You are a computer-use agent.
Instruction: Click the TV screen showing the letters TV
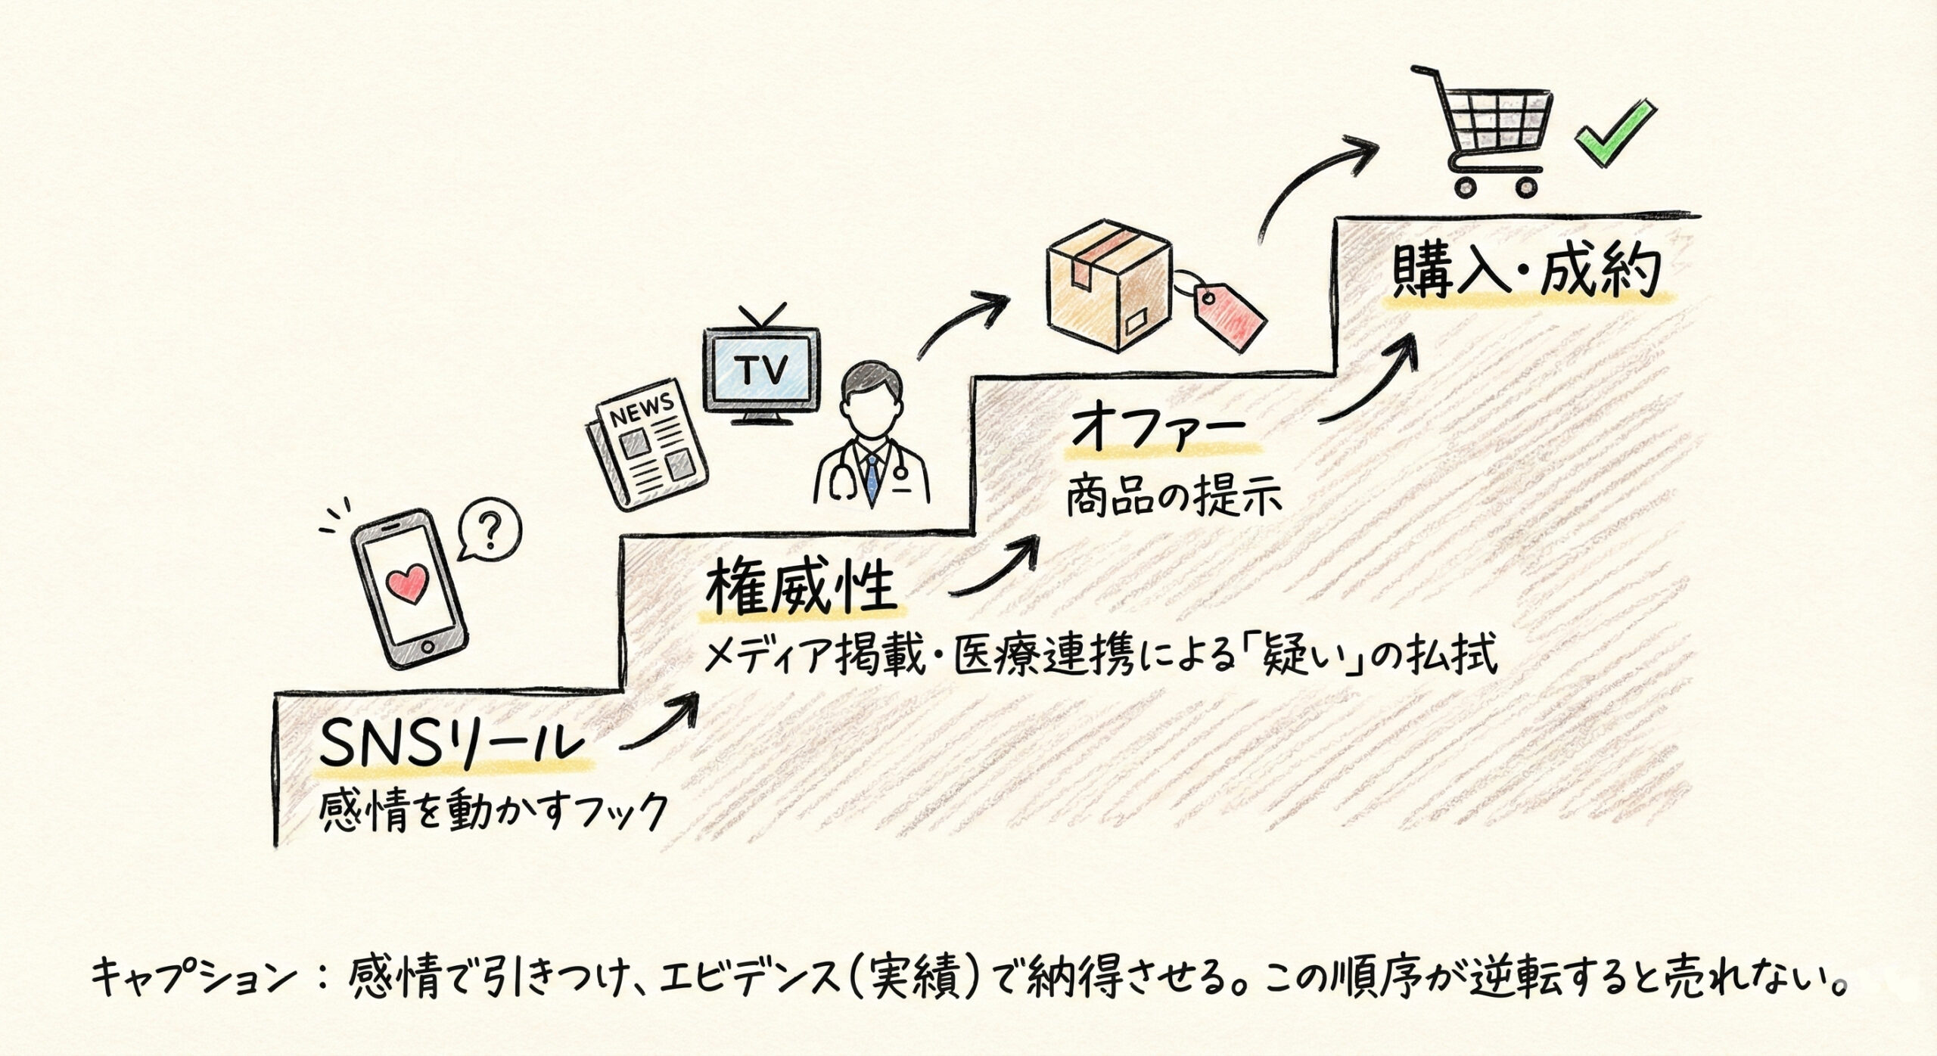pos(763,370)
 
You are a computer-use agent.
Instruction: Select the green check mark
pos(1611,141)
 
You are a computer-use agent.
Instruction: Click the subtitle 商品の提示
pos(1173,499)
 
